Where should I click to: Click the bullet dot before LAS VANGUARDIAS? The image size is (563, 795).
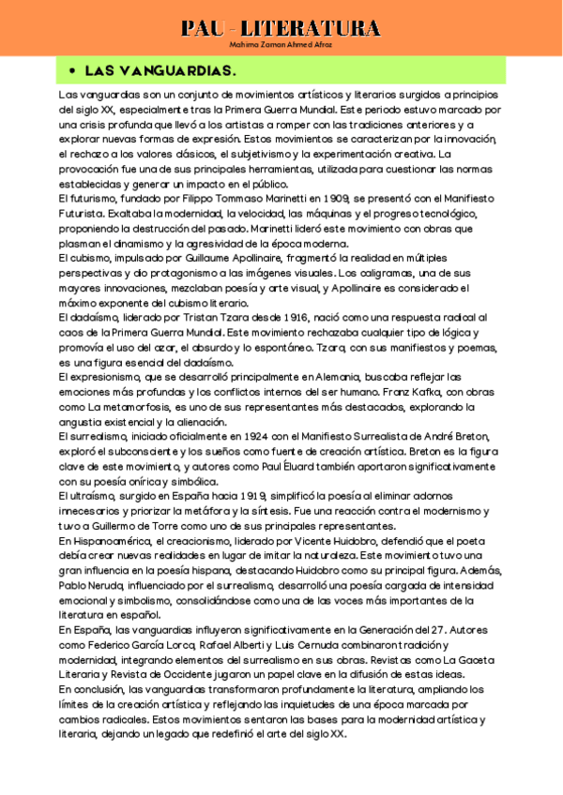tap(71, 70)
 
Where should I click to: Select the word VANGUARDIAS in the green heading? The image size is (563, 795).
tap(185, 70)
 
